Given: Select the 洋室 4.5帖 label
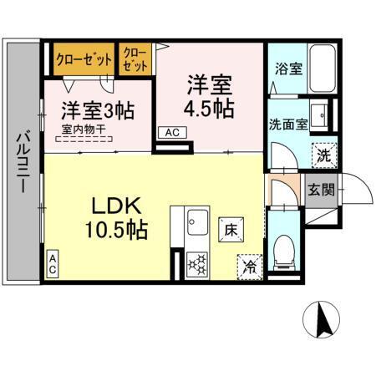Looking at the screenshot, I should click(x=209, y=97).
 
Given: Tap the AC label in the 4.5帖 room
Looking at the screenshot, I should click(x=171, y=132).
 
